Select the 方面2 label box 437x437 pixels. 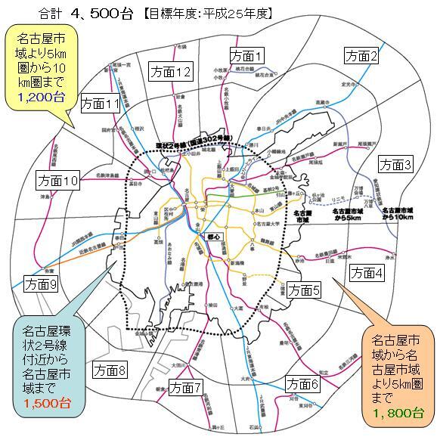(x=361, y=55)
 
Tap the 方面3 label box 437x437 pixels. (x=395, y=163)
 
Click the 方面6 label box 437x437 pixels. (x=303, y=383)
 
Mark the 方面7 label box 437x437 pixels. (x=185, y=388)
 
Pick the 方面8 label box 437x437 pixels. (x=110, y=370)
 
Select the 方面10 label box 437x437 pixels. (x=57, y=181)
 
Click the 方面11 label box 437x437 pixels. (x=99, y=103)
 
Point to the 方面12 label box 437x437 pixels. (x=169, y=72)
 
